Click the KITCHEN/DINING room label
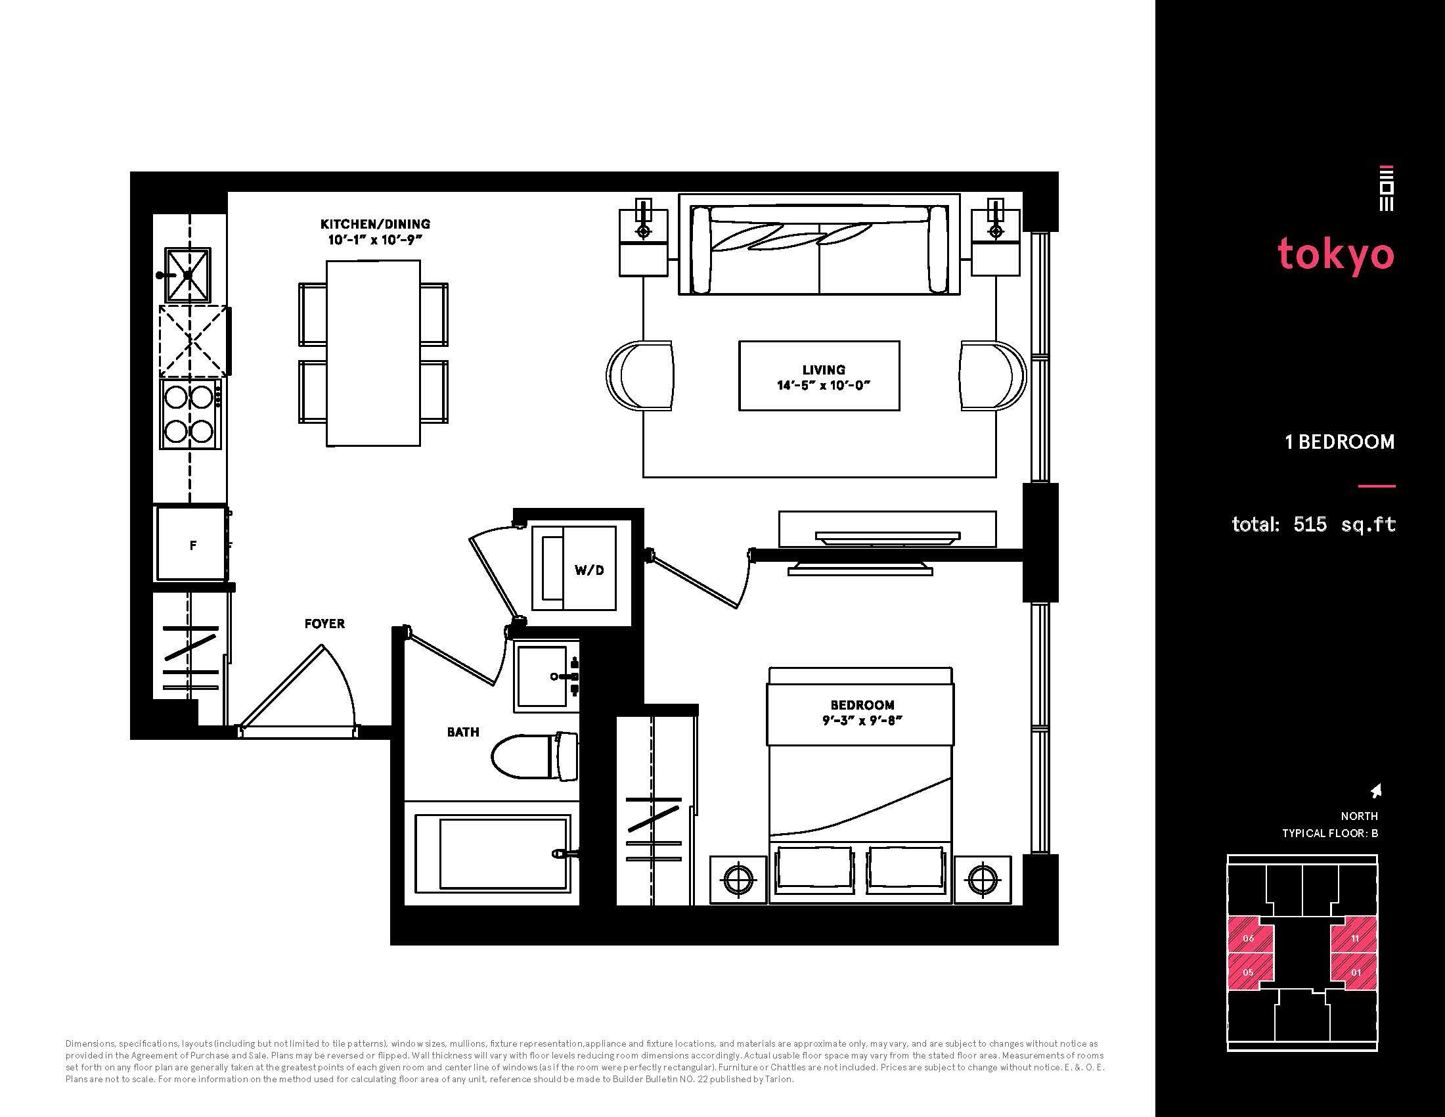point(375,224)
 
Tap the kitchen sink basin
point(188,275)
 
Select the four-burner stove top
point(189,414)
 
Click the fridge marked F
point(192,544)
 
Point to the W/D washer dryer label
point(589,570)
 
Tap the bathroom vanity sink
point(546,676)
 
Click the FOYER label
point(324,624)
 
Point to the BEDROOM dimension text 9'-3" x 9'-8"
point(863,721)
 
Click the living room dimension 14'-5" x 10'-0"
point(823,385)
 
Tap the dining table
point(373,353)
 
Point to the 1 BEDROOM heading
point(1340,442)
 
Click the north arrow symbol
point(1376,790)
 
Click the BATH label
point(462,732)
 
